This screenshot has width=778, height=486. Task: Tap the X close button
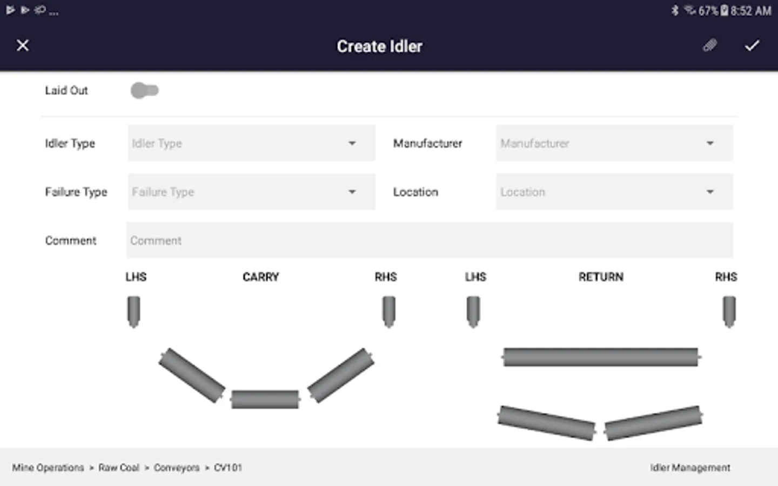click(23, 45)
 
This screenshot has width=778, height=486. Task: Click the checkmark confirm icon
click(752, 45)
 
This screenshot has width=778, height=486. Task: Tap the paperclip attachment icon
click(710, 45)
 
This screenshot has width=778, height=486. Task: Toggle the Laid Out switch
click(144, 91)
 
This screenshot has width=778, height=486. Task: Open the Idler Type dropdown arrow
click(352, 144)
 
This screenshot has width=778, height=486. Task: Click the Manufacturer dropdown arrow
click(710, 144)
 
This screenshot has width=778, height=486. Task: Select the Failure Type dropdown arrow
click(352, 192)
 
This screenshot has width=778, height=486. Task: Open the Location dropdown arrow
click(710, 192)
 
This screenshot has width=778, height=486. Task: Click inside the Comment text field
click(430, 240)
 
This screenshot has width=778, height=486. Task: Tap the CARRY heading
click(261, 277)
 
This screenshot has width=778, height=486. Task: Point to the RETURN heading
click(601, 277)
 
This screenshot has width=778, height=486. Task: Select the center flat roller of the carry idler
click(265, 400)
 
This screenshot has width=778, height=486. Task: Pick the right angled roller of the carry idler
click(341, 375)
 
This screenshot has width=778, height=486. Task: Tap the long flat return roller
click(601, 357)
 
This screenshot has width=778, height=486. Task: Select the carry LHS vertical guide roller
click(134, 312)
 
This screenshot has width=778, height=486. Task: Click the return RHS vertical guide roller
click(729, 312)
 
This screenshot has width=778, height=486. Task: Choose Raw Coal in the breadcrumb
click(119, 468)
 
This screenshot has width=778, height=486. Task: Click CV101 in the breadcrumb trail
click(228, 468)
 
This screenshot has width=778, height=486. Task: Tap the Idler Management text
click(690, 468)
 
